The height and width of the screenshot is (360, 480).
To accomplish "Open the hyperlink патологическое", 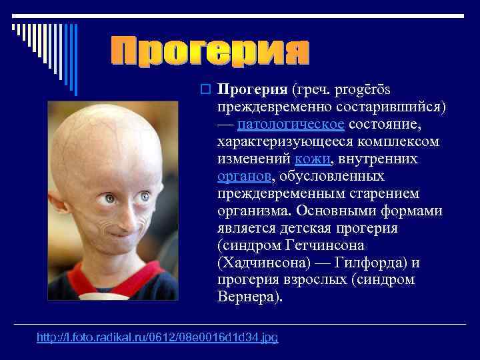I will (x=291, y=124).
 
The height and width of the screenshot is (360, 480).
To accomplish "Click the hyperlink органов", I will (x=244, y=176).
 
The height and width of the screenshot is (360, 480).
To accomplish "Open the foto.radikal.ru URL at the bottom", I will (x=157, y=338).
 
